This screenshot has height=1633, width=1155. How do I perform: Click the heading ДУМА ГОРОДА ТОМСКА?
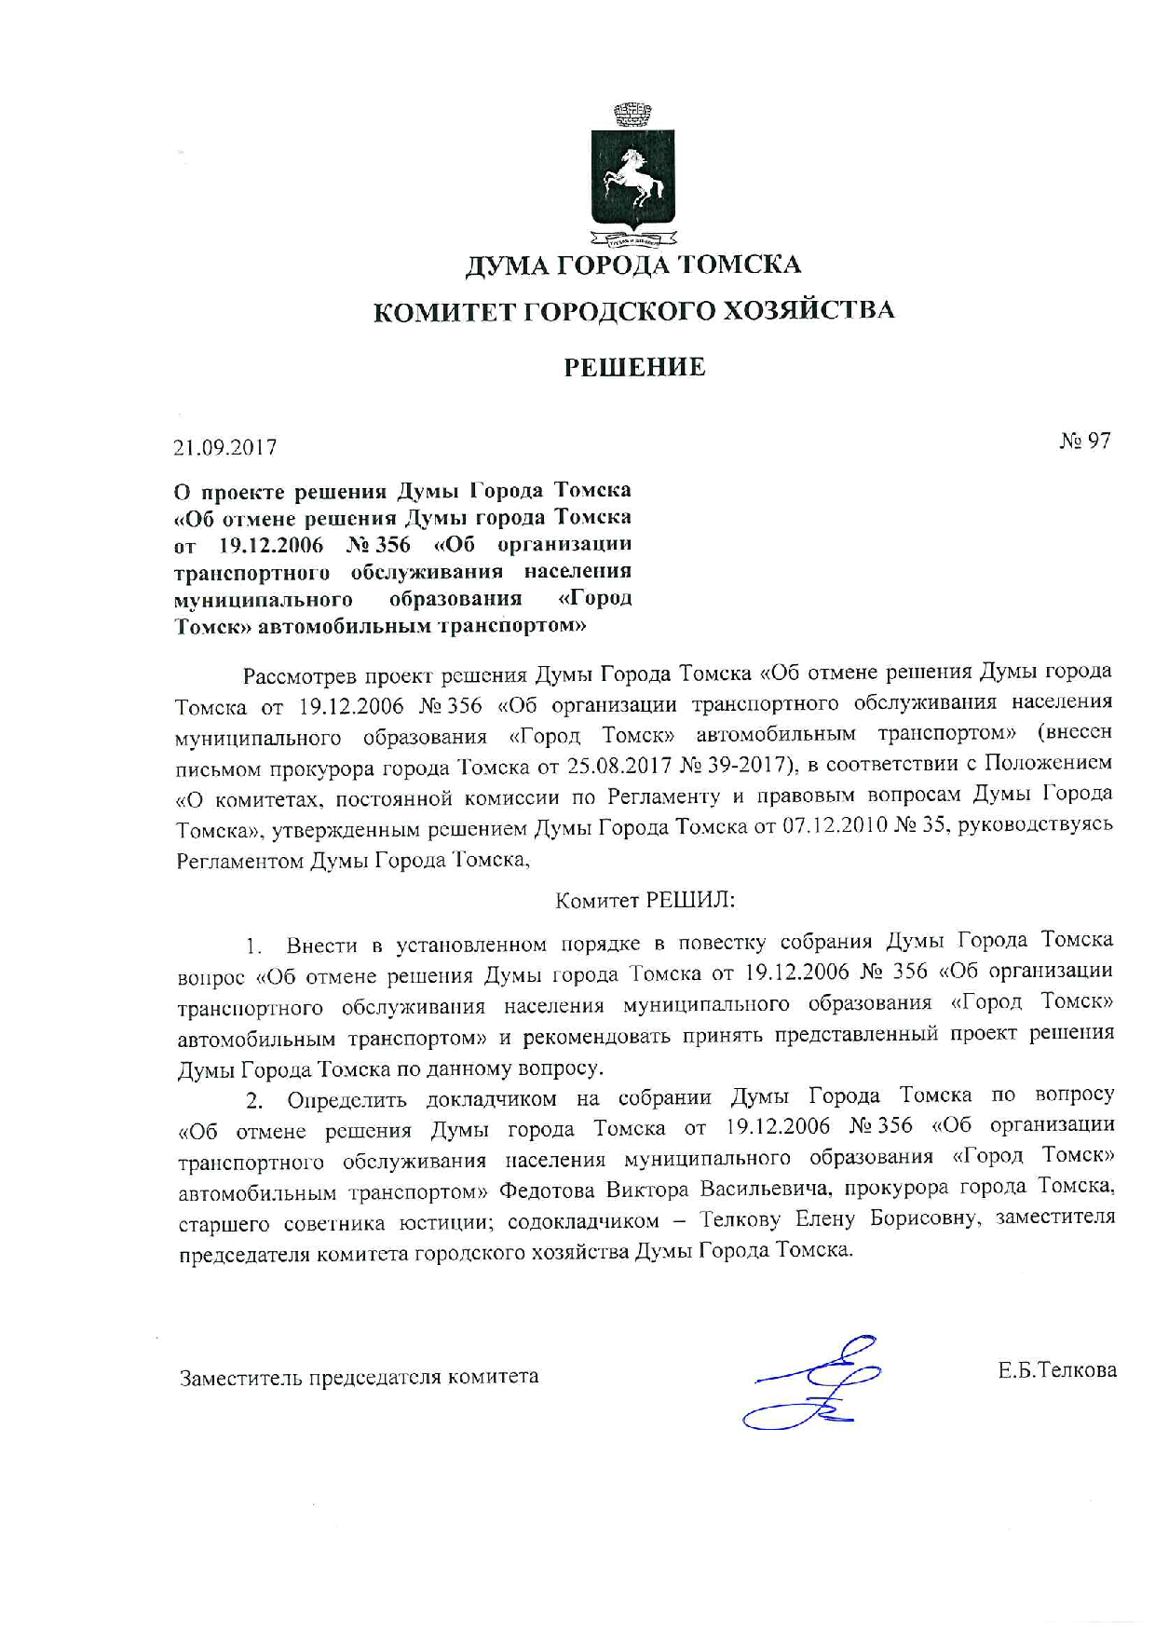coord(633,265)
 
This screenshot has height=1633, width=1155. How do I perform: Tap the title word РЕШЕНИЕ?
coord(634,367)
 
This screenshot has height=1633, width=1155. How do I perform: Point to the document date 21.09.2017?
coord(225,447)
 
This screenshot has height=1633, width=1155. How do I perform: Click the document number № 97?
coord(1085,441)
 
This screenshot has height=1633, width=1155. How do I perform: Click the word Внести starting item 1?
coord(321,946)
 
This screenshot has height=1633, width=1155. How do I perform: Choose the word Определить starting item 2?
coord(346,1099)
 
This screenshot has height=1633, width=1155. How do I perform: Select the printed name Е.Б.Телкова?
coord(1056,1370)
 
